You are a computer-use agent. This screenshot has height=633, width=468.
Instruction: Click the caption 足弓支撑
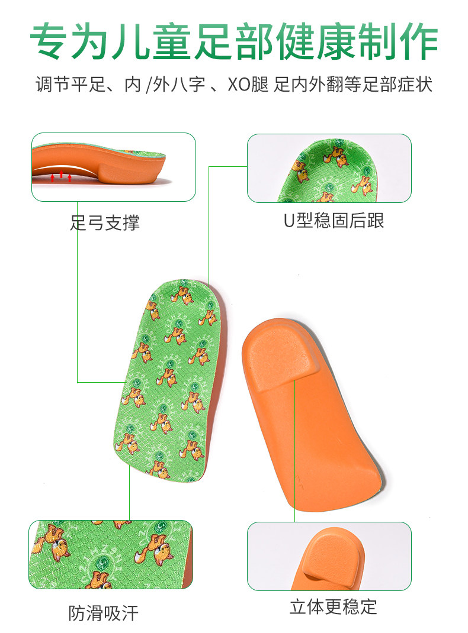(x=105, y=223)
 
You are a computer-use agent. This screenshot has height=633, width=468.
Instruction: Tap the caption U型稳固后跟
(x=334, y=220)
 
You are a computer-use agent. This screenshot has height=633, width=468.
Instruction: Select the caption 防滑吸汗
(x=103, y=613)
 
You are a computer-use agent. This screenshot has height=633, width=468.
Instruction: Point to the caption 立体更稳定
(x=333, y=606)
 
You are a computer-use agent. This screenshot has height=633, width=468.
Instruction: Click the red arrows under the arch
(x=62, y=176)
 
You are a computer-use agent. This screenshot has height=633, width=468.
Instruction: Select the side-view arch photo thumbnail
(x=113, y=167)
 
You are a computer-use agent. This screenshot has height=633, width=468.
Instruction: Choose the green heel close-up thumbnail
(x=329, y=168)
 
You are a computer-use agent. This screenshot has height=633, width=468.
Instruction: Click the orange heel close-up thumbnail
(x=329, y=556)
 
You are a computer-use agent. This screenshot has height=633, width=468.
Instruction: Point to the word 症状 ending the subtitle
(x=416, y=83)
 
